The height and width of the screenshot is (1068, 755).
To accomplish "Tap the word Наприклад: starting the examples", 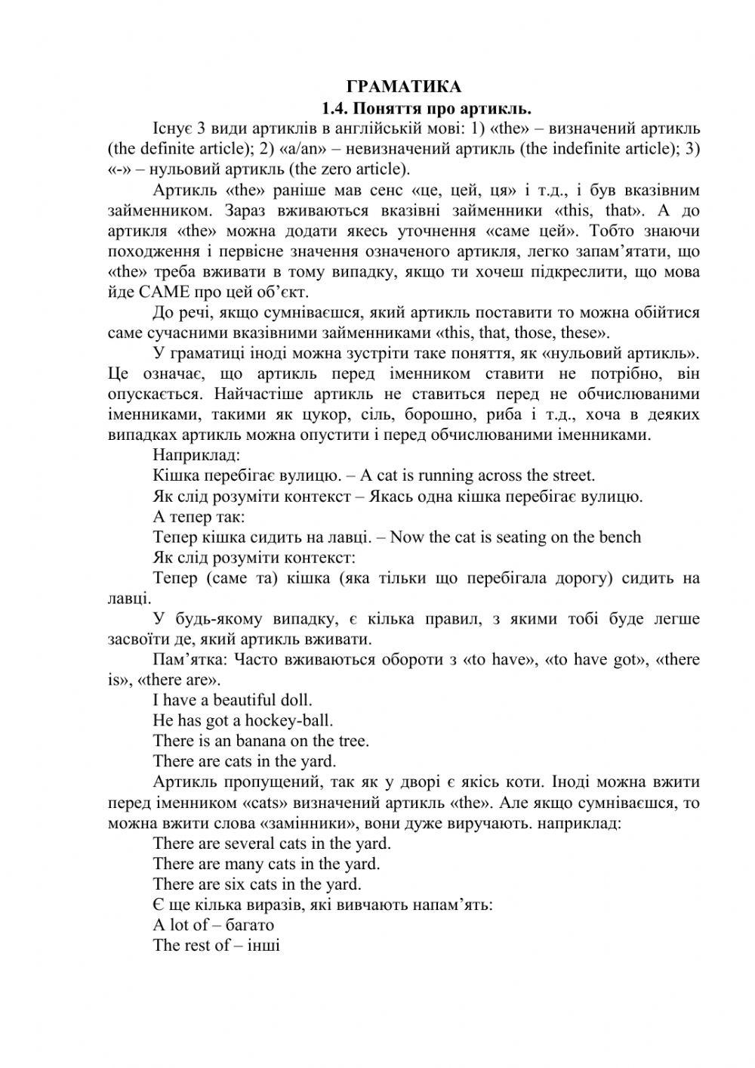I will [x=196, y=455].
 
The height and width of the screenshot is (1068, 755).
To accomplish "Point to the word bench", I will [x=620, y=537].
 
